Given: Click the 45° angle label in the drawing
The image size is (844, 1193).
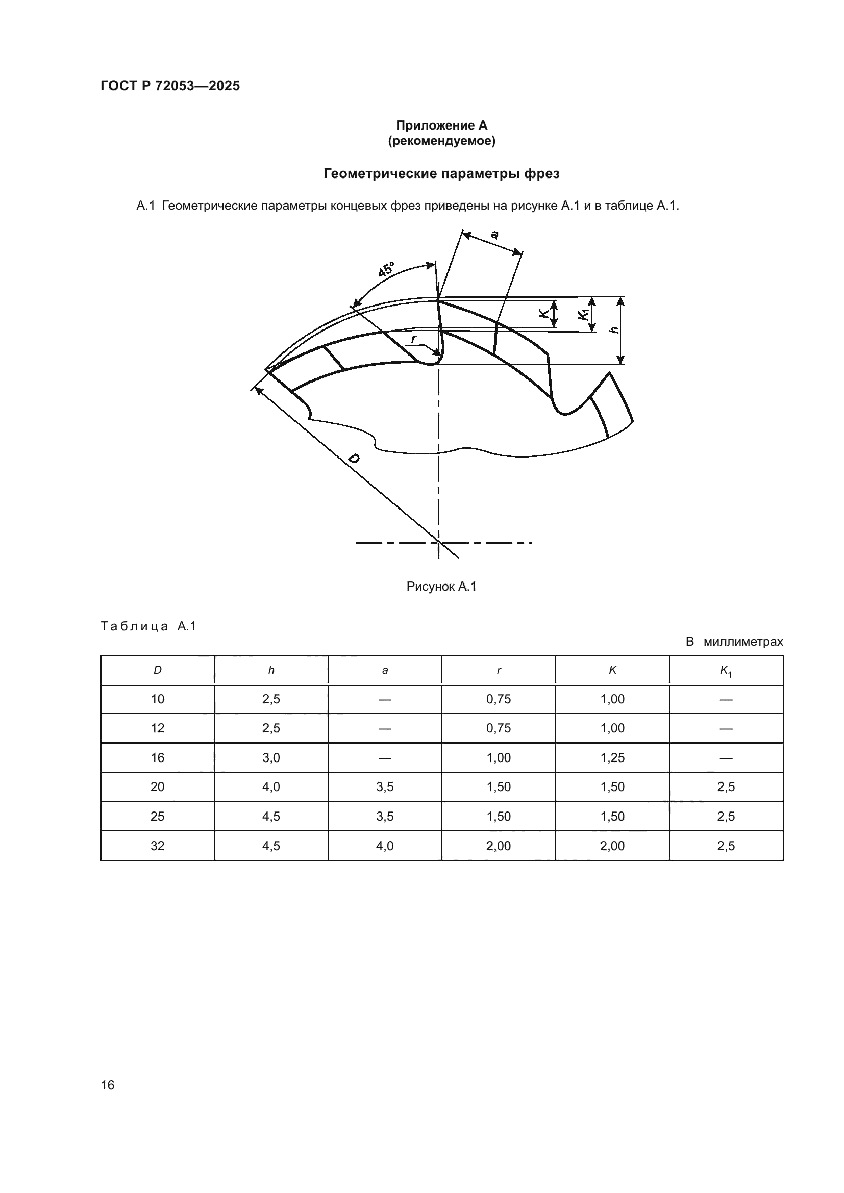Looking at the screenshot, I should click(386, 270).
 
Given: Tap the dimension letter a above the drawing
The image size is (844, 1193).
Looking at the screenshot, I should click(494, 235).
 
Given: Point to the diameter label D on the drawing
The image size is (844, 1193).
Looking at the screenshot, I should click(354, 459).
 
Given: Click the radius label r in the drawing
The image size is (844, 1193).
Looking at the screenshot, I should click(414, 339).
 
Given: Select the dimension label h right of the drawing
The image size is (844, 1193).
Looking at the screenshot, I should click(615, 329).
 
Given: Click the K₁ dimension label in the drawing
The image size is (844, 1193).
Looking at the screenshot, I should click(584, 315).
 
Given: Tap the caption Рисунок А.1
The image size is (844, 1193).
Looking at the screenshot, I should click(441, 587).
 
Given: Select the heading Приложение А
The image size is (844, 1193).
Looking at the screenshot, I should click(442, 125).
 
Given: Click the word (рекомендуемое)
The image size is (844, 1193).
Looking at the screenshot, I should click(442, 141).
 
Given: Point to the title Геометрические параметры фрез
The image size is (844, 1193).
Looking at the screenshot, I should click(442, 173).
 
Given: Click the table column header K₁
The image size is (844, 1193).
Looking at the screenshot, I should click(726, 671).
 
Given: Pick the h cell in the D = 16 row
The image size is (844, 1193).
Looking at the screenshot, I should click(271, 757).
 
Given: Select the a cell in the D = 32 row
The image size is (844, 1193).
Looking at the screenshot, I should click(385, 846).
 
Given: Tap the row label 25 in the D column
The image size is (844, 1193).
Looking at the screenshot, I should click(158, 816).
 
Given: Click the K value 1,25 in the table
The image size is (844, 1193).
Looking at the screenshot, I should click(612, 757).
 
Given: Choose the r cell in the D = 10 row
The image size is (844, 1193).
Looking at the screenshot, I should click(499, 699).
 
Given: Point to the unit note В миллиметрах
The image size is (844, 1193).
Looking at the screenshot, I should click(734, 642).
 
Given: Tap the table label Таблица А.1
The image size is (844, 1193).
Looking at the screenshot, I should click(148, 626).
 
